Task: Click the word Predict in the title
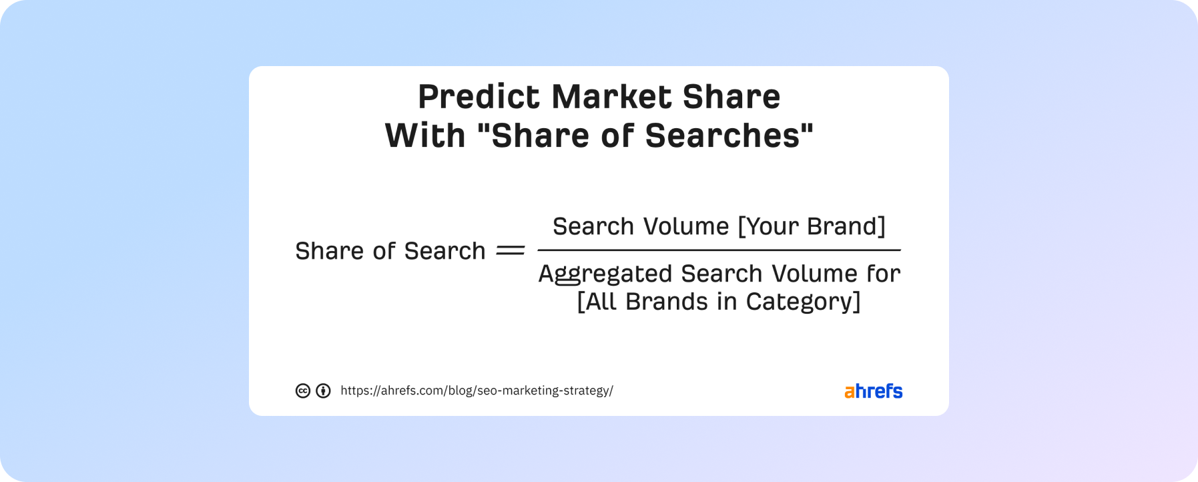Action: pyautogui.click(x=479, y=97)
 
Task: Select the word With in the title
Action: pyautogui.click(x=425, y=136)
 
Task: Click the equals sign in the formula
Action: pyautogui.click(x=511, y=251)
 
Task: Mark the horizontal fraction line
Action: pyautogui.click(x=719, y=250)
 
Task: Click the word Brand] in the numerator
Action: pyautogui.click(x=846, y=226)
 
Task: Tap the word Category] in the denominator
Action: pyautogui.click(x=804, y=302)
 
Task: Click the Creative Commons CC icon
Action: pyautogui.click(x=303, y=391)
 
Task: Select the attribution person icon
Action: pyautogui.click(x=323, y=391)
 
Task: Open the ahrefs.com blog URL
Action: pyautogui.click(x=477, y=391)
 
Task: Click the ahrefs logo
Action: pyautogui.click(x=873, y=391)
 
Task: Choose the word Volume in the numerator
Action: pyautogui.click(x=687, y=226)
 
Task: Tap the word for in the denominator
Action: pyautogui.click(x=884, y=274)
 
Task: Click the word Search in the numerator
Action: pyautogui.click(x=594, y=226)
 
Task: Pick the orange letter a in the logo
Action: pyautogui.click(x=850, y=393)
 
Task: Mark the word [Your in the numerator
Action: pyautogui.click(x=768, y=226)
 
